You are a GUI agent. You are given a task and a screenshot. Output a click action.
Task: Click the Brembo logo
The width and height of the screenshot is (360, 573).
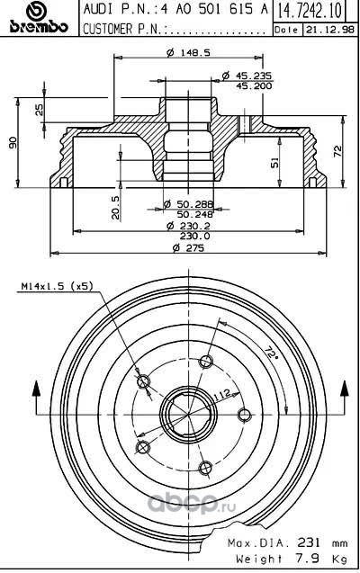[x=39, y=18]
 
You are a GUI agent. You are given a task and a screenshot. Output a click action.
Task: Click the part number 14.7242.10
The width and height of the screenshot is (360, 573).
[x=310, y=10]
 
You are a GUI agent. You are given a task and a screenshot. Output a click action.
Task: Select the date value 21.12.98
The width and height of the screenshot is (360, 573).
[x=330, y=30]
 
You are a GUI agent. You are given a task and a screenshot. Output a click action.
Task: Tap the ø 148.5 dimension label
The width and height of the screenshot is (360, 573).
[x=188, y=52]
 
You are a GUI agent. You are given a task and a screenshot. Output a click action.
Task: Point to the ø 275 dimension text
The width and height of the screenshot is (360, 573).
[x=189, y=247]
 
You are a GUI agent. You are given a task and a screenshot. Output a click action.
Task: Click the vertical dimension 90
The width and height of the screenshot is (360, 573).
[x=13, y=142]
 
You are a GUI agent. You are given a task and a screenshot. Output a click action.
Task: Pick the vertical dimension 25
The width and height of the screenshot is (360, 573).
[x=39, y=110]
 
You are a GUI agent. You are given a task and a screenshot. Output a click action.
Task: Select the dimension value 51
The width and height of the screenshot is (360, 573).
[x=274, y=162]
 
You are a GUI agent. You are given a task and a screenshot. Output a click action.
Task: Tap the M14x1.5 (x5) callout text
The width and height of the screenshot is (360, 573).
[x=57, y=286]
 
